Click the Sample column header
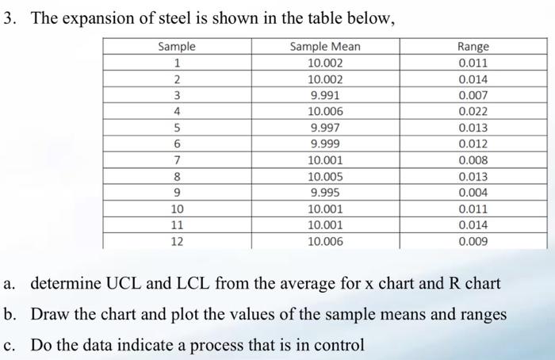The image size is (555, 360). pos(177,47)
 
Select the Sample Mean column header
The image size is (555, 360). pos(325,47)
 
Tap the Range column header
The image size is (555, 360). pos(473,47)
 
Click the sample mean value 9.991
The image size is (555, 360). pos(325,95)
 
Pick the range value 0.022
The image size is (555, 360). pos(473,112)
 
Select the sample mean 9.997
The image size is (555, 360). pos(325,128)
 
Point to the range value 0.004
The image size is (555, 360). pos(473,193)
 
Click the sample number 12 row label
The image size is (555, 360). pos(177,241)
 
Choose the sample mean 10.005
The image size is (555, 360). pos(325,177)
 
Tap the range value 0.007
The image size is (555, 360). pos(473,95)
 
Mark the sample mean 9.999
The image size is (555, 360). pos(325,144)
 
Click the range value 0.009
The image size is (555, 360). pos(473,241)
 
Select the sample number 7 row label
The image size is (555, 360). pos(177,160)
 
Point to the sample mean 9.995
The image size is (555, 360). pos(325,193)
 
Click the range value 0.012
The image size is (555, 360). pos(473,144)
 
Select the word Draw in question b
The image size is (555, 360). pos(49,314)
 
